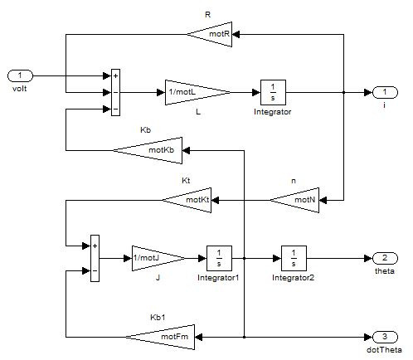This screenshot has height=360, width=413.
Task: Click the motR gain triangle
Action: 213,34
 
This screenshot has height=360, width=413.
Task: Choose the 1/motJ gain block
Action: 156,258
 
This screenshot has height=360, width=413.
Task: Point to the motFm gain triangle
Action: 163,337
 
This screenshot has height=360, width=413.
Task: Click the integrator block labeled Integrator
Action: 273,92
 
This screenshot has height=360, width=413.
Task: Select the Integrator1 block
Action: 219,258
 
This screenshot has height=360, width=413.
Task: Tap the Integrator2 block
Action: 294,258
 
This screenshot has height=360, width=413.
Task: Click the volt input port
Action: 20,75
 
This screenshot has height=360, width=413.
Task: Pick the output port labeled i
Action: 386,92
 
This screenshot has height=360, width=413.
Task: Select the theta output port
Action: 386,258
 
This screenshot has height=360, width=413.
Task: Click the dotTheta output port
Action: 386,337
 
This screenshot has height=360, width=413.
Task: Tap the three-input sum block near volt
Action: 115,92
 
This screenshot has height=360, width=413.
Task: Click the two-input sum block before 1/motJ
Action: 95,258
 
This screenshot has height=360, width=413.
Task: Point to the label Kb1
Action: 158,317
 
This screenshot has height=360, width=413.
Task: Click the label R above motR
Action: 208,15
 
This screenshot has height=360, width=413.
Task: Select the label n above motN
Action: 294,181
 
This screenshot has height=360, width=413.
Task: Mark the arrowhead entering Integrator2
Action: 277,258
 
